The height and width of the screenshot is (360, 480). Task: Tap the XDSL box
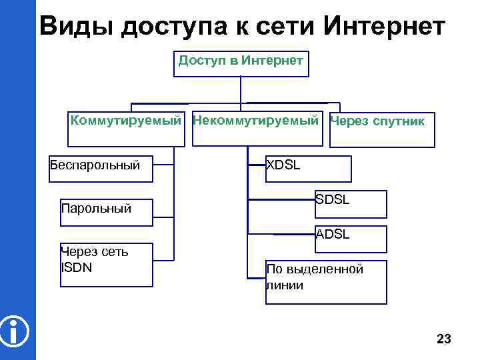tap(308, 169)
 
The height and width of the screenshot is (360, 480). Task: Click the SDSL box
tap(351, 204)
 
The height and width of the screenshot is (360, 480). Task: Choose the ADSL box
tap(351, 239)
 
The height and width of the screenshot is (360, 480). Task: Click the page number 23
tap(443, 339)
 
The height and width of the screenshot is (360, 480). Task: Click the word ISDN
tap(76, 268)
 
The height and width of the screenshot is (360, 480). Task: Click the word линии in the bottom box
tap(285, 285)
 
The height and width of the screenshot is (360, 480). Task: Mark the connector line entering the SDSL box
tap(280, 199)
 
